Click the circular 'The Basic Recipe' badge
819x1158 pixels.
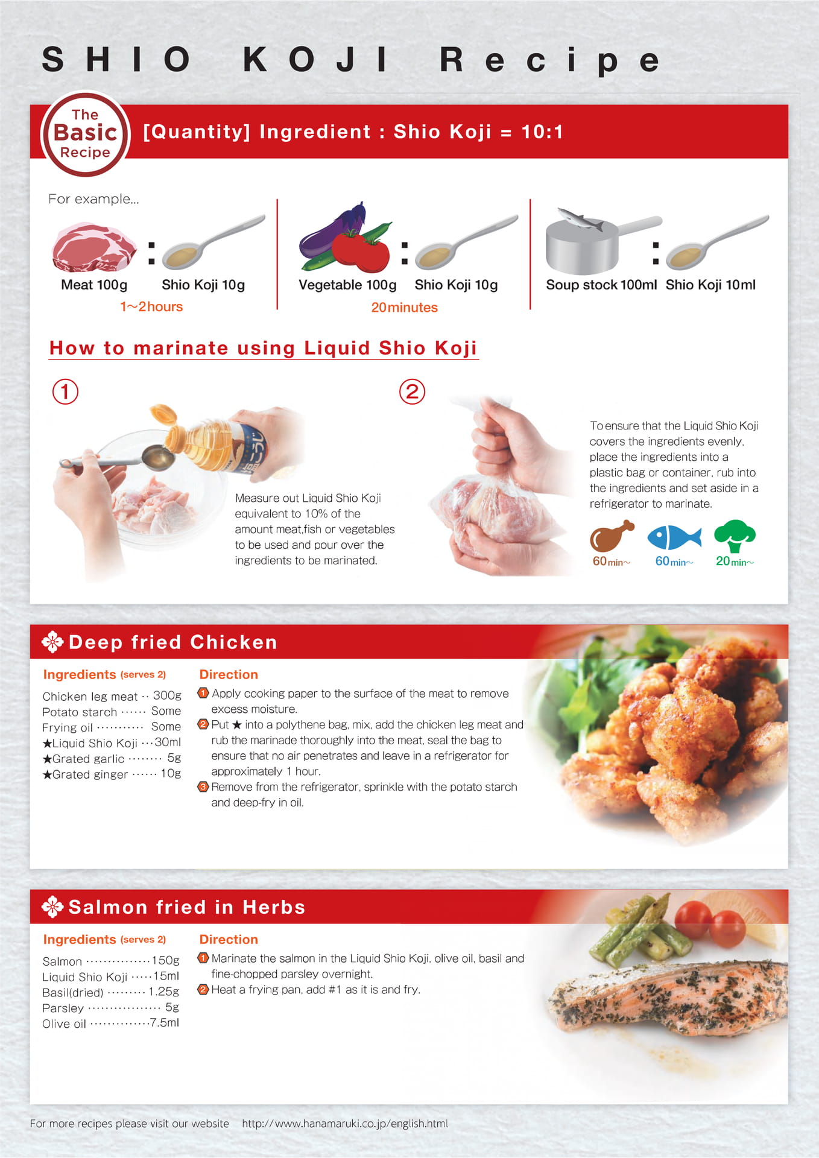tap(85, 134)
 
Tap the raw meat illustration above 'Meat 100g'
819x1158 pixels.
tap(94, 247)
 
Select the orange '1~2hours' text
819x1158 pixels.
tap(151, 306)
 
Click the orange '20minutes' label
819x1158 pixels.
tap(404, 308)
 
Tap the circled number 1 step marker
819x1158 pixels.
tap(65, 391)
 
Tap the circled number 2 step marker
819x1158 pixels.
tap(412, 391)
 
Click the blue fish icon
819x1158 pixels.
tap(674, 537)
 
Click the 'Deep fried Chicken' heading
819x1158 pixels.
tap(173, 642)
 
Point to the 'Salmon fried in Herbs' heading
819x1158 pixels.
tap(187, 907)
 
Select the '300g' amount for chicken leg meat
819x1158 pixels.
tap(167, 695)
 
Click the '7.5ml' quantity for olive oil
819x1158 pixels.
tap(165, 1022)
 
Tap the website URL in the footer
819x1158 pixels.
tap(345, 1124)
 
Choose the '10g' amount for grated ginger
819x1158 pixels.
tap(171, 773)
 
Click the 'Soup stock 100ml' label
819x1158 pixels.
tap(601, 285)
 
